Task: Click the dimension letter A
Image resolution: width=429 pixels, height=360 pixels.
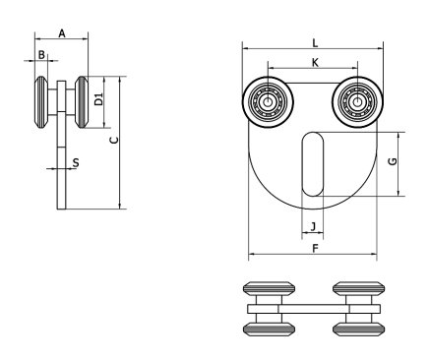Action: [x=62, y=31]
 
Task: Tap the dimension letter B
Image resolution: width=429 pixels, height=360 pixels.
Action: [x=41, y=55]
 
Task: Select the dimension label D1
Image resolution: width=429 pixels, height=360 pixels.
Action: [x=98, y=98]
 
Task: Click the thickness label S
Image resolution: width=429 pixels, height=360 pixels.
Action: [x=77, y=162]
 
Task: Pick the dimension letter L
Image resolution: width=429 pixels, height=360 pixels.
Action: [x=315, y=42]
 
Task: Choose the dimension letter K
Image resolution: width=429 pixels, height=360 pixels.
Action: [x=315, y=63]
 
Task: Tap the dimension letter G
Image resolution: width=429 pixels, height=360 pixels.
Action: [x=393, y=160]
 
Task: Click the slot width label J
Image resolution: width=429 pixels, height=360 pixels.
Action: [x=313, y=227]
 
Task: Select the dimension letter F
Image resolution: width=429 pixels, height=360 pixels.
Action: [x=315, y=248]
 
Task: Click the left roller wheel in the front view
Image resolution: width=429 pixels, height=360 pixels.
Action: [x=266, y=99]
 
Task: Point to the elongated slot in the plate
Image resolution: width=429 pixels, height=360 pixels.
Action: [x=312, y=164]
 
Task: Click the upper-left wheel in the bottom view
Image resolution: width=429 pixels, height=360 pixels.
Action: [x=267, y=292]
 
